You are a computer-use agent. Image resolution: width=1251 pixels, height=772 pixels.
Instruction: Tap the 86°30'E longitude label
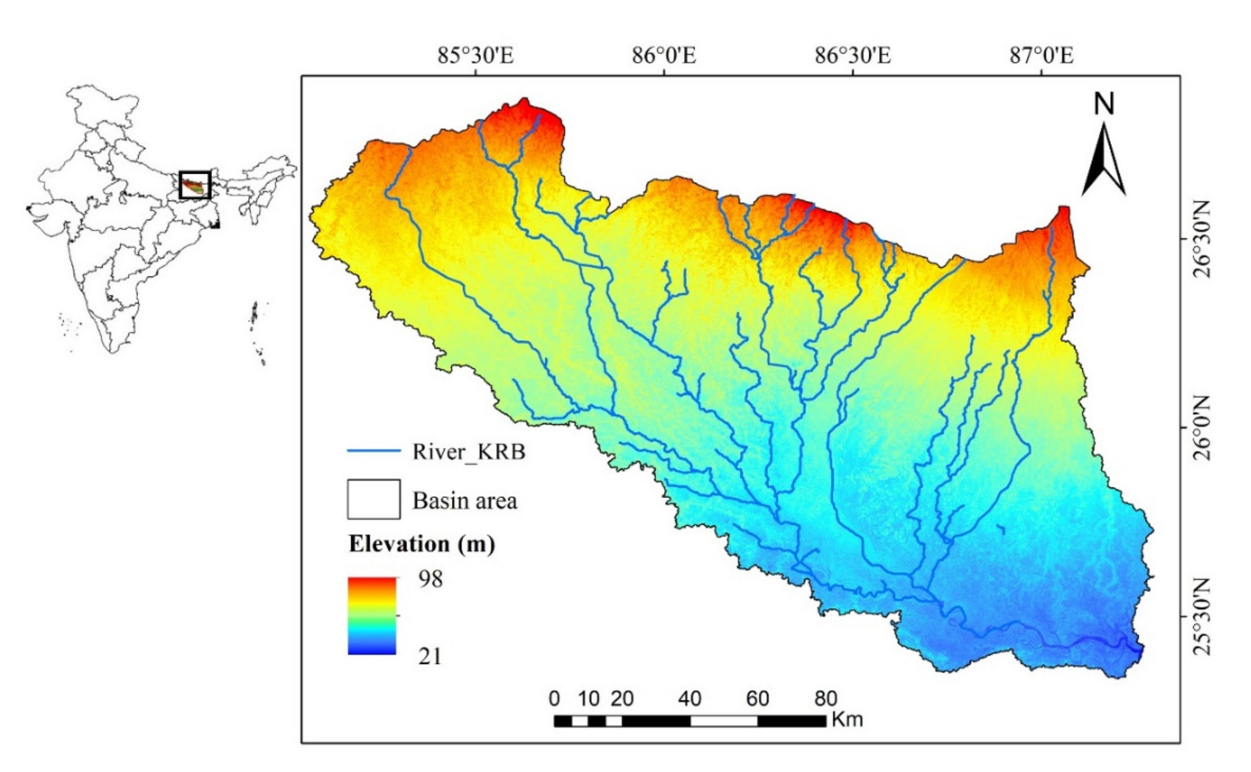click(x=852, y=55)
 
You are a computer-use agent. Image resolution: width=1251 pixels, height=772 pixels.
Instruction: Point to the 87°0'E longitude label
click(x=1041, y=55)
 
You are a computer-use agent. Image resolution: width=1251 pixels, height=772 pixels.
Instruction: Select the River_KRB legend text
click(x=468, y=452)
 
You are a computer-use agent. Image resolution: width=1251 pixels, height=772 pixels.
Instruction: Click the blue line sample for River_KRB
click(x=373, y=451)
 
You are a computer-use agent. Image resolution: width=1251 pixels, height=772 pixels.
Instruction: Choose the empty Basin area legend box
click(x=373, y=499)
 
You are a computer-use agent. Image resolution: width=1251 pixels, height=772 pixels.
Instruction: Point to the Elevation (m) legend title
click(x=422, y=544)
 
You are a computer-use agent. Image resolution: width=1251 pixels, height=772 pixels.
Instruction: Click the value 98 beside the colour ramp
click(x=430, y=579)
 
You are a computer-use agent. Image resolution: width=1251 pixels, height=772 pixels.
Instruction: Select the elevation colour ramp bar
click(x=371, y=616)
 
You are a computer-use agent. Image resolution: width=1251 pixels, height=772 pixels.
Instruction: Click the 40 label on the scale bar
click(x=689, y=698)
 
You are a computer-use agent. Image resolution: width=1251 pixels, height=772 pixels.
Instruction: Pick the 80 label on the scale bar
click(x=825, y=698)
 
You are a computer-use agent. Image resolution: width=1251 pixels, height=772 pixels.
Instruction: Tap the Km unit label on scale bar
click(x=847, y=720)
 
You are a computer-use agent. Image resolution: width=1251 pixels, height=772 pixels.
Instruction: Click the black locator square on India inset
click(x=195, y=185)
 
